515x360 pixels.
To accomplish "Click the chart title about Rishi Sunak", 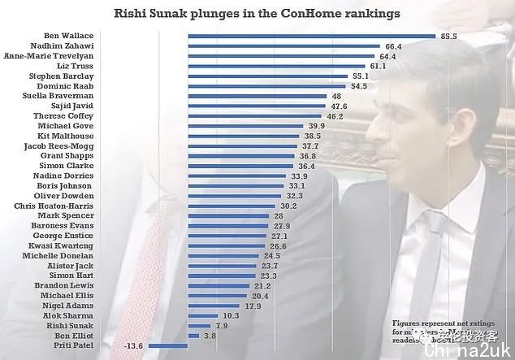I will [x=257, y=15].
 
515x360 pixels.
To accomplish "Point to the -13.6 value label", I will [x=134, y=345].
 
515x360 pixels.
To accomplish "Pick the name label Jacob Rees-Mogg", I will [x=58, y=146].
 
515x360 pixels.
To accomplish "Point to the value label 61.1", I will [x=381, y=66].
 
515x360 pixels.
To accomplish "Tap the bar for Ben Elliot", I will [x=191, y=336].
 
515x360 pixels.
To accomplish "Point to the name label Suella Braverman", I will [x=58, y=96].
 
